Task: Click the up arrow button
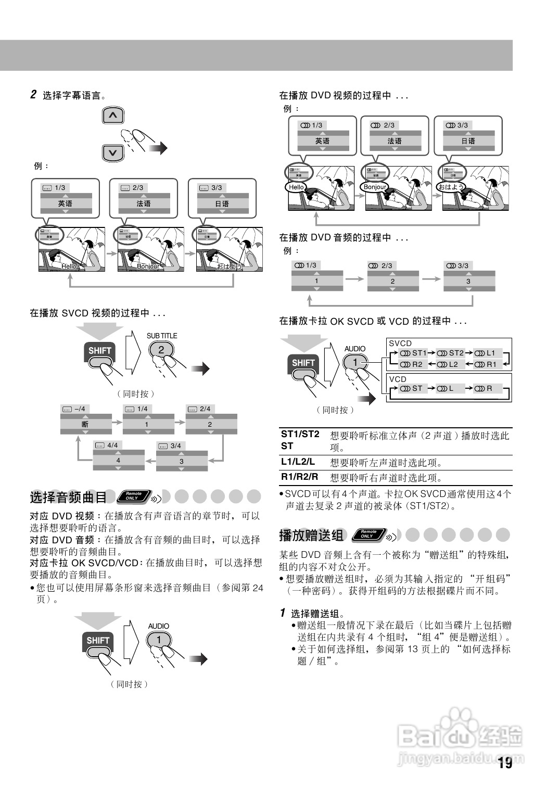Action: click(x=113, y=115)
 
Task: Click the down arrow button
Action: click(x=113, y=152)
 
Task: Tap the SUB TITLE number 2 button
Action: click(x=161, y=350)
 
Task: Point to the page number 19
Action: click(x=504, y=763)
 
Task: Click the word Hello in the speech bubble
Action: click(x=296, y=187)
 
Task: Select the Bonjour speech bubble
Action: click(x=375, y=187)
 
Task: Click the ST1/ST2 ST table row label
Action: click(x=300, y=440)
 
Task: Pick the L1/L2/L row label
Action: click(x=298, y=462)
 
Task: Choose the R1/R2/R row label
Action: click(x=299, y=477)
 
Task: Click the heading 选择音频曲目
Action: click(x=68, y=498)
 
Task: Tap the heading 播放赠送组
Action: click(x=311, y=535)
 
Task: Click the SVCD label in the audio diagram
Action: click(x=400, y=343)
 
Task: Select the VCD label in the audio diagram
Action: click(x=398, y=379)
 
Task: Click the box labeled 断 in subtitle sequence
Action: click(x=85, y=424)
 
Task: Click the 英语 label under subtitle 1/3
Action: click(x=65, y=203)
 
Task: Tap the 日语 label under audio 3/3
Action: click(x=468, y=141)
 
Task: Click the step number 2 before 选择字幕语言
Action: click(x=33, y=95)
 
